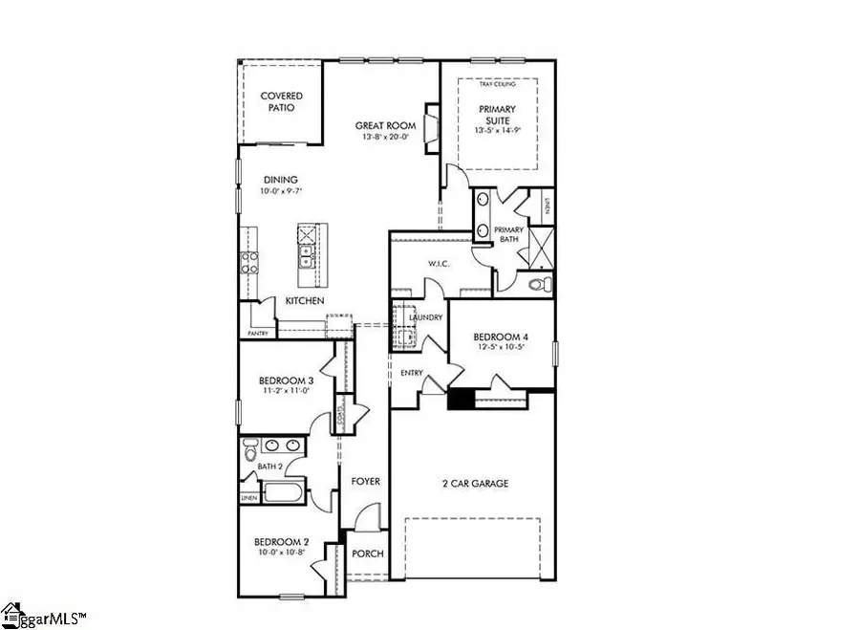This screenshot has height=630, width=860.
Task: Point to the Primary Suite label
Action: pyautogui.click(x=497, y=115)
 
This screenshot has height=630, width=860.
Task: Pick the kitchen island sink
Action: pyautogui.click(x=309, y=256)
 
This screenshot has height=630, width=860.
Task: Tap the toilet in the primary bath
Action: pyautogui.click(x=536, y=284)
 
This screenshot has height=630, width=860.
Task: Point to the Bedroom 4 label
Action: pyautogui.click(x=500, y=337)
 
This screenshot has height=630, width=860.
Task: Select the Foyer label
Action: pyautogui.click(x=365, y=482)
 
